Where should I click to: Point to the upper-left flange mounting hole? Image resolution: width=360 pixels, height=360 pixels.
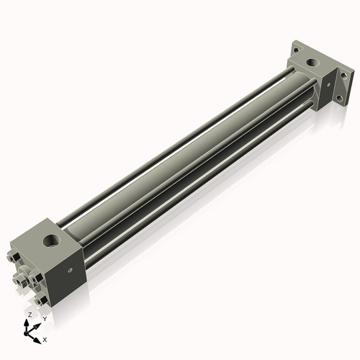point(295,49)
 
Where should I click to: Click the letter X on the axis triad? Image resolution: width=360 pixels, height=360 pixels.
point(45,338)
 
